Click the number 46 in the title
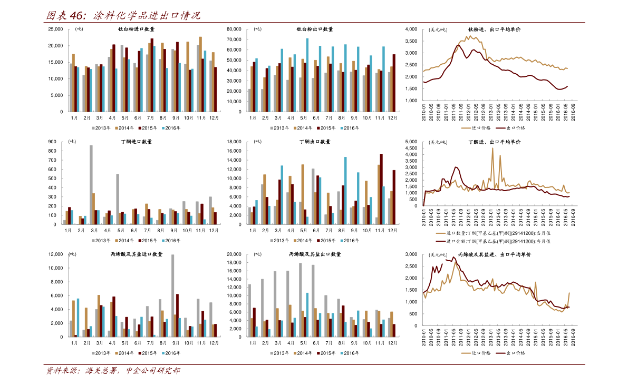[77, 16]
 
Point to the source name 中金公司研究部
[152, 371]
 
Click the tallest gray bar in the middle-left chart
[91, 184]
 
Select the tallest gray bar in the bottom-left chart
[173, 295]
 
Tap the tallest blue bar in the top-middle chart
[307, 74]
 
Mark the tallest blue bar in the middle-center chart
[346, 190]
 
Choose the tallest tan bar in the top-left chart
[200, 74]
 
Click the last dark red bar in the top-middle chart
[393, 83]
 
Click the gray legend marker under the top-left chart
[93, 128]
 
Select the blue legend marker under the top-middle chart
[342, 128]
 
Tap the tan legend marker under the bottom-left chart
[117, 353]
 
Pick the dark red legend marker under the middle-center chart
[318, 241]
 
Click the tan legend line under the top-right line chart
[466, 128]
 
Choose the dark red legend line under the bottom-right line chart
[500, 353]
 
